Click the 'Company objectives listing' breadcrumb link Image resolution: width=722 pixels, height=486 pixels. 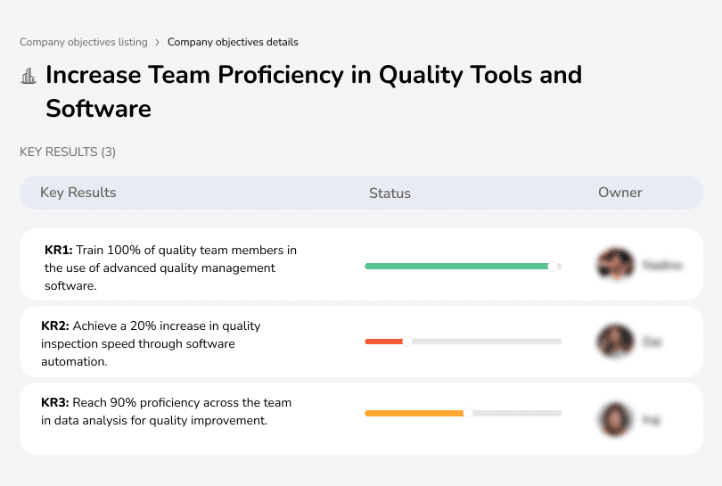pos(83,42)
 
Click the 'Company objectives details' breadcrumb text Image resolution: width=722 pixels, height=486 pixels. pos(233,42)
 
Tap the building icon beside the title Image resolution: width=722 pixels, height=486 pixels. pos(29,76)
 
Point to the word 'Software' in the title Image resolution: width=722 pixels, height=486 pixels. pos(98,109)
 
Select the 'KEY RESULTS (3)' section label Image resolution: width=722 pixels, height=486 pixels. pos(68,152)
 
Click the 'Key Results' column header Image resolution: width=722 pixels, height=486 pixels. pos(78,193)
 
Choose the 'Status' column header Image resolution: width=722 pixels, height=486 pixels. pos(390,193)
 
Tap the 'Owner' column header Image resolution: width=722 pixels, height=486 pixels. pos(619,193)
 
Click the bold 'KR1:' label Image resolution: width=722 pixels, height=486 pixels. pos(58,251)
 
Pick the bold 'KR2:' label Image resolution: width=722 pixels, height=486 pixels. pos(55,326)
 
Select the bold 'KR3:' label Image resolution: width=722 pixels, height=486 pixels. pos(55,403)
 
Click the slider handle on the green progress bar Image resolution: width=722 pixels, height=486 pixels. pos(553,266)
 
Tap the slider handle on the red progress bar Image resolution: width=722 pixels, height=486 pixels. pos(407,341)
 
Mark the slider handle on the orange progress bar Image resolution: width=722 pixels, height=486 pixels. pos(468,413)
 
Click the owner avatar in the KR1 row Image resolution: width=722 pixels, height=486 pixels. pos(615,265)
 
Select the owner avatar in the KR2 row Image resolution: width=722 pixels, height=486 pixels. pos(615,341)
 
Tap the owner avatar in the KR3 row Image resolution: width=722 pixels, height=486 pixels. pos(615,418)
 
